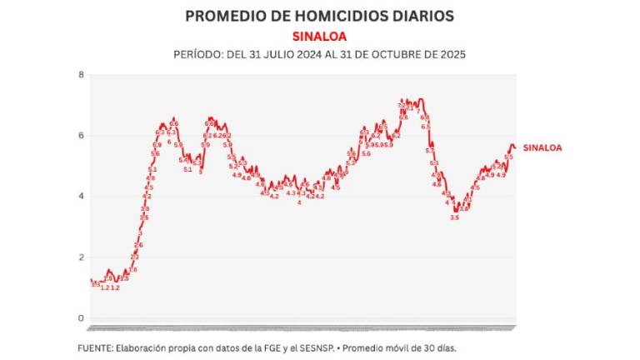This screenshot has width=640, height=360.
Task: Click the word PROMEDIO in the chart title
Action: [222, 16]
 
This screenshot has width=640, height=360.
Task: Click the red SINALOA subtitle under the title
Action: [320, 36]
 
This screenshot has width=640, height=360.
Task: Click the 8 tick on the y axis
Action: [81, 75]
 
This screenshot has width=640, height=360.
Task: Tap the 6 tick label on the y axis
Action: [81, 136]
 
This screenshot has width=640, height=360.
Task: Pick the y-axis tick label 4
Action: [81, 197]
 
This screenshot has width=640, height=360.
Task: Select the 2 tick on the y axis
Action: [81, 257]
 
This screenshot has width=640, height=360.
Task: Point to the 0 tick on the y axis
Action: [81, 318]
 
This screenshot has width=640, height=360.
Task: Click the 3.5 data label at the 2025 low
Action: [454, 217]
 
